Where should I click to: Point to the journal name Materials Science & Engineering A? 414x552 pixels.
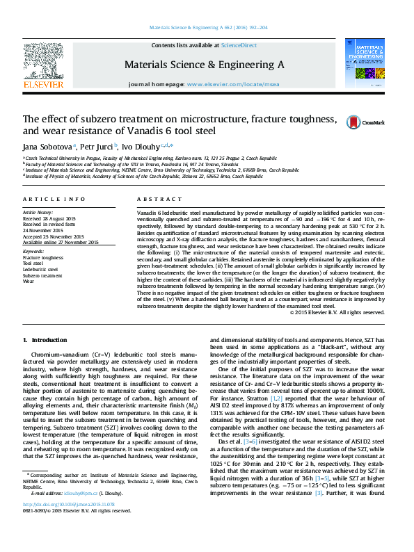(204, 64)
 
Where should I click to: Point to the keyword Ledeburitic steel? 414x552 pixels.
(40, 268)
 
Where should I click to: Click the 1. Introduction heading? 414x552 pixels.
(45, 340)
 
